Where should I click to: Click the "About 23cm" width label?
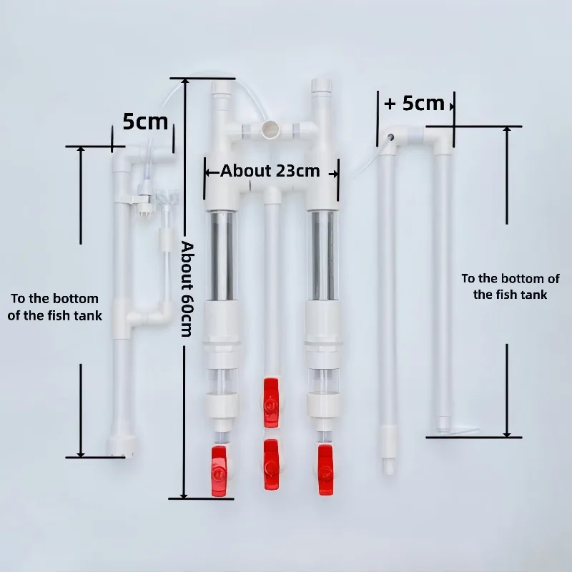tap(270, 170)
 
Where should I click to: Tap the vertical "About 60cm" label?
tap(187, 289)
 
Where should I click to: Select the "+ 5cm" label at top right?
tap(415, 103)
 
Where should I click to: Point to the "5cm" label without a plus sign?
tap(145, 121)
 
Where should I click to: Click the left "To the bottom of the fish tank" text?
tap(55, 307)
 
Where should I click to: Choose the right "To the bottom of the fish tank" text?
tap(511, 287)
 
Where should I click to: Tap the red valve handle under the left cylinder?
tap(219, 471)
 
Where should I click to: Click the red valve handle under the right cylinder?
tap(325, 470)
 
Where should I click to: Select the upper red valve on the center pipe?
tap(271, 403)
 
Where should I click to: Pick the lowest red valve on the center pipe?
tap(271, 465)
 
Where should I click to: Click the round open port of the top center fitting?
tap(270, 129)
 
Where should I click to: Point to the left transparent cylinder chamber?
tap(222, 255)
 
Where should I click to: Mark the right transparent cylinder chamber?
tap(323, 255)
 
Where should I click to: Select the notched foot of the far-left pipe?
tap(122, 446)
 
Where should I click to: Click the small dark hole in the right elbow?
tap(390, 137)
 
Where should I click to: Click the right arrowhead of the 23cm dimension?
tap(335, 174)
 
